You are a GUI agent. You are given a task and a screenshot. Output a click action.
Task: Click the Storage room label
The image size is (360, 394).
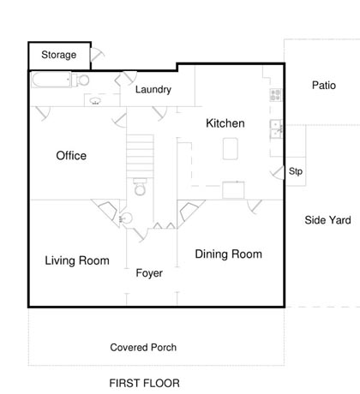click(x=59, y=55)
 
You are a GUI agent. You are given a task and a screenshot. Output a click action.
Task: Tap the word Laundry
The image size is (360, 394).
click(x=153, y=90)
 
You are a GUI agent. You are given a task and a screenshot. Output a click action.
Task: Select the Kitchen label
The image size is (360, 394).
click(x=225, y=123)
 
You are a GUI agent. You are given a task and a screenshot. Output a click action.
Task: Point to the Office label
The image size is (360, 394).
click(x=71, y=156)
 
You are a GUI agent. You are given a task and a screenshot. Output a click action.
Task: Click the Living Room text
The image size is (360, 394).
click(x=77, y=260)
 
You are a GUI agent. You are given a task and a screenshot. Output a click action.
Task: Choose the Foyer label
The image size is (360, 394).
click(x=149, y=273)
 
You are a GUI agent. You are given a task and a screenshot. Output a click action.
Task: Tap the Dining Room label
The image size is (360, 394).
click(x=229, y=254)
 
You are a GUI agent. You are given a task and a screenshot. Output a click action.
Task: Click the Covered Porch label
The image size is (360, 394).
click(x=143, y=348)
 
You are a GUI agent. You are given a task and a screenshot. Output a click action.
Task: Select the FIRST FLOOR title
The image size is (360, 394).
click(x=145, y=383)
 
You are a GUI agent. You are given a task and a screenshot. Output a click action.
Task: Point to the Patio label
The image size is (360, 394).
click(x=324, y=86)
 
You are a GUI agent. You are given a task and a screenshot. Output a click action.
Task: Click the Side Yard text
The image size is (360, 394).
click(x=327, y=220)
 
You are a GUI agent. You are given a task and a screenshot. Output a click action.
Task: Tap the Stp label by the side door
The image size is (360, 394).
click(x=296, y=171)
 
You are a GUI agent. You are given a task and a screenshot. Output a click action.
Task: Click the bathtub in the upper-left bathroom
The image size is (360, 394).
click(x=51, y=80)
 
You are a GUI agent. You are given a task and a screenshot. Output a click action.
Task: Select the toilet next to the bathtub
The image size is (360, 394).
click(x=81, y=80)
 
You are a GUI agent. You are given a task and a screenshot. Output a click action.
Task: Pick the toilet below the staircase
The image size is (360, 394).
click(x=140, y=187)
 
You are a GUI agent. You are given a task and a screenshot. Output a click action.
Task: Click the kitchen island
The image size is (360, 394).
click(x=231, y=148)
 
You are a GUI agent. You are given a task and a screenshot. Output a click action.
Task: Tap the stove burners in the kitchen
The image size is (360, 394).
click(x=275, y=95)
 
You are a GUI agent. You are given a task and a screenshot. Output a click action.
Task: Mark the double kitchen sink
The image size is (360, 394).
click(x=276, y=129)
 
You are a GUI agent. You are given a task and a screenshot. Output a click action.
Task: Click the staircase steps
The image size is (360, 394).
click(x=140, y=152)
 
